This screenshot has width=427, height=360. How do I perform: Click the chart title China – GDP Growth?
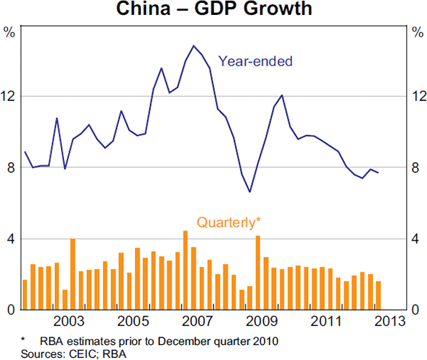[x=213, y=11]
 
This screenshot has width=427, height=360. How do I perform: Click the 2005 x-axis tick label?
[x=133, y=320]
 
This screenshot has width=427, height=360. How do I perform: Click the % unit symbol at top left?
[x=9, y=32]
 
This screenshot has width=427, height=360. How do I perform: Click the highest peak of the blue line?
[x=194, y=46]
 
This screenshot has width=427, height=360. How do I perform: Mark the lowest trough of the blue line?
[x=250, y=191]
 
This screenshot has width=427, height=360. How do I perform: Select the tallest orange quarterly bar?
[x=185, y=270]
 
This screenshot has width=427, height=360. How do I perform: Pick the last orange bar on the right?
[x=378, y=295]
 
